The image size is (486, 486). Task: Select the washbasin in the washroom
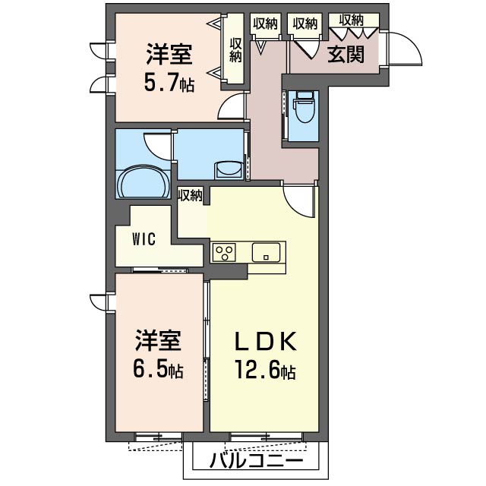[x=229, y=170]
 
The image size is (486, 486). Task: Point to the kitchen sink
[x=266, y=252]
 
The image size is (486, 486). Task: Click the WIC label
[x=144, y=239]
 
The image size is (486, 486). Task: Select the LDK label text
[x=266, y=341]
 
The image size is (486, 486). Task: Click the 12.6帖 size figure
[x=265, y=369]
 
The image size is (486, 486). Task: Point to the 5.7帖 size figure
[x=169, y=82]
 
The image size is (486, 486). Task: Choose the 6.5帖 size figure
[x=158, y=369]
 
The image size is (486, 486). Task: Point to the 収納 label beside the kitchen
[x=191, y=195]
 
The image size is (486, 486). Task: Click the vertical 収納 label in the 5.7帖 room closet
[x=235, y=50]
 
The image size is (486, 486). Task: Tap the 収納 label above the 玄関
[x=351, y=21]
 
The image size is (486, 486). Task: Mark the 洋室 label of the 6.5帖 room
[x=158, y=341]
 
